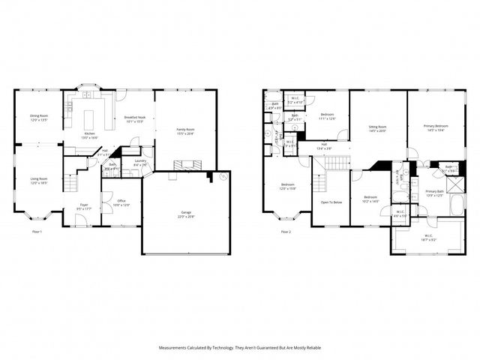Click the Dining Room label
point(39,117)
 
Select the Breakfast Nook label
point(135,118)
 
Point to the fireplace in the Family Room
point(184,164)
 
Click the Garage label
point(185,214)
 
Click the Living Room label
point(39,180)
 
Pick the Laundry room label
point(139,163)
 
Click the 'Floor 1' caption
point(36,232)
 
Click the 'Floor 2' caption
point(286,232)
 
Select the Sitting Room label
point(377,128)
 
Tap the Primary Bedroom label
point(436,127)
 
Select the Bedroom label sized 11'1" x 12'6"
point(327,117)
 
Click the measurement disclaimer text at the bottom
point(239,348)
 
